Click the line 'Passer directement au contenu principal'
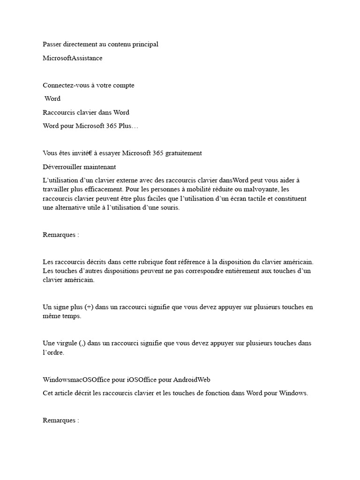click(x=100, y=45)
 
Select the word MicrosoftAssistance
click(x=72, y=58)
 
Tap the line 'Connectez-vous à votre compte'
click(x=88, y=85)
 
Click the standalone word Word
click(x=52, y=99)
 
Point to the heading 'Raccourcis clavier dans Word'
click(x=86, y=112)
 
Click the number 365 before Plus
click(x=112, y=126)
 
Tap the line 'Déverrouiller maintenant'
click(x=79, y=167)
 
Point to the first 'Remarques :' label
click(x=60, y=235)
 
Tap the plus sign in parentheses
click(x=89, y=307)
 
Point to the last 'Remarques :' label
click(x=60, y=420)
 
